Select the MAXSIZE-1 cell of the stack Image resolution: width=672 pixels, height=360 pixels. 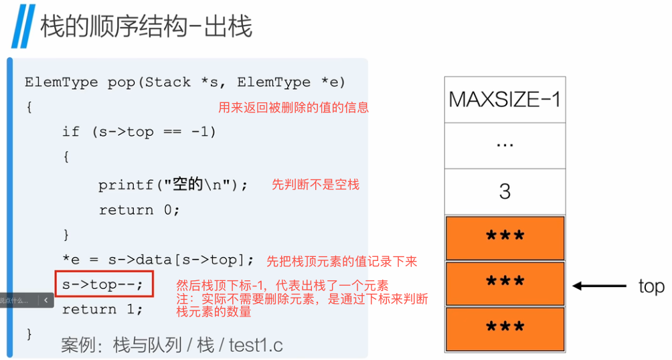(x=505, y=100)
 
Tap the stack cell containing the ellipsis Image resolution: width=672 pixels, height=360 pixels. (x=505, y=145)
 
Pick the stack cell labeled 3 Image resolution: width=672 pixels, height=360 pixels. (x=505, y=191)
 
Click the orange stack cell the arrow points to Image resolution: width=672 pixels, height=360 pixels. (x=505, y=283)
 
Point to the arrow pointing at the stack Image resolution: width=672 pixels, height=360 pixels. (x=598, y=286)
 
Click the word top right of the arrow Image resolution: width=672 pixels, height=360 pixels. (x=651, y=286)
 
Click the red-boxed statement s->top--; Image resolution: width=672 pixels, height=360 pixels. (x=103, y=284)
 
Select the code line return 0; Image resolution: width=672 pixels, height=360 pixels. (x=139, y=210)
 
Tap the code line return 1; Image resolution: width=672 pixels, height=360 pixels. (x=102, y=309)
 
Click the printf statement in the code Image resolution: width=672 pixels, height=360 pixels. (x=173, y=185)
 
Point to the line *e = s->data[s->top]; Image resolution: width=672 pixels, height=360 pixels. (x=159, y=260)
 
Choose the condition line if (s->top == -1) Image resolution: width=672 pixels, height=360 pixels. (x=139, y=132)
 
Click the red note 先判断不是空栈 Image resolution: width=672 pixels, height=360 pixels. (x=315, y=185)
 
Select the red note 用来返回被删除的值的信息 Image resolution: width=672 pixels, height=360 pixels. (x=293, y=108)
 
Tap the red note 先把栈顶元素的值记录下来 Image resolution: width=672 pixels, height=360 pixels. (x=342, y=260)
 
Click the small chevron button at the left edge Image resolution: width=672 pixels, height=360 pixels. (x=46, y=301)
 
